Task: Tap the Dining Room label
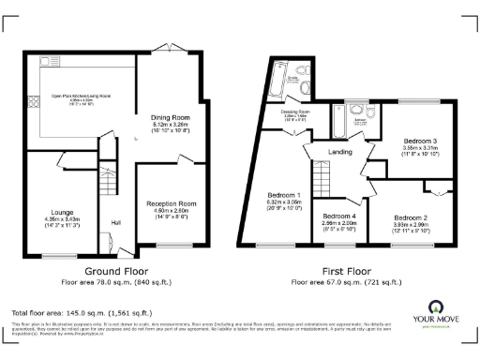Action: [x=170, y=117]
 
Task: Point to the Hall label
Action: [x=115, y=222]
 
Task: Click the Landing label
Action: [x=338, y=151]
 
